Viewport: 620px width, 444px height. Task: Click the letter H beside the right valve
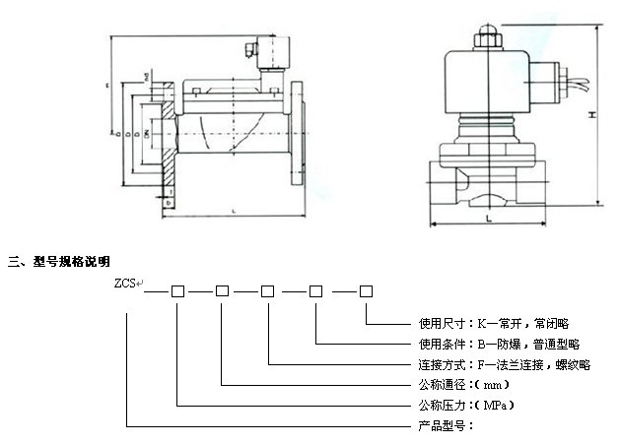click(x=592, y=115)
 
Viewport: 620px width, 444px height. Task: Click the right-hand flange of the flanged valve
click(x=296, y=136)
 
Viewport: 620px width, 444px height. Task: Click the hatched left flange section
click(x=166, y=138)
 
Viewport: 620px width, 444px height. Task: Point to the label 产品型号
click(x=441, y=425)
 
